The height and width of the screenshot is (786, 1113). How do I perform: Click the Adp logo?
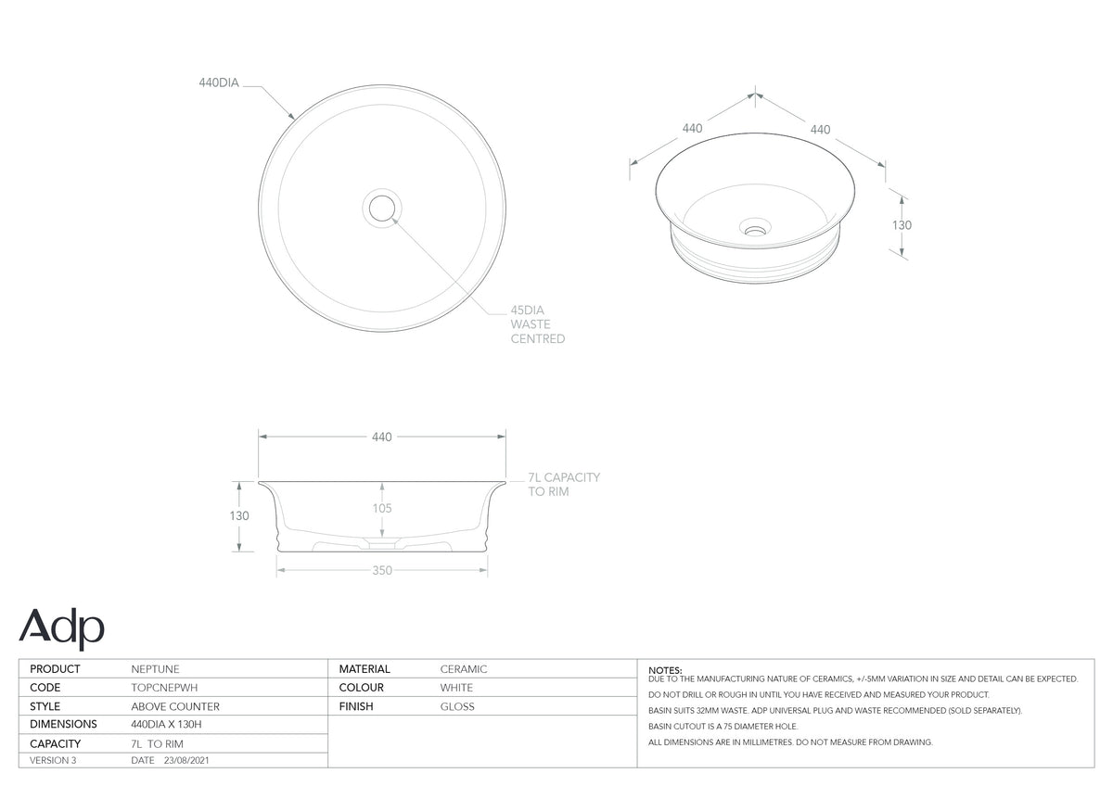point(61,628)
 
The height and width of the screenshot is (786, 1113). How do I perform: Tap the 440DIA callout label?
point(219,82)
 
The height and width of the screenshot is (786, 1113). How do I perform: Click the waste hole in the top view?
point(382,208)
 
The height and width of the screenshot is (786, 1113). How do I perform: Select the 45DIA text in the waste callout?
point(527,311)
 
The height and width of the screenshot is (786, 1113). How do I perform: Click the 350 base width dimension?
point(382,571)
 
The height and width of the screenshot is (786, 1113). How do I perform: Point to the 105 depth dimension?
point(382,508)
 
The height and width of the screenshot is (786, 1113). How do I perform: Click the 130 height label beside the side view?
point(239,516)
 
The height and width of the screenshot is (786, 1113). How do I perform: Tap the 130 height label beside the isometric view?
point(902,225)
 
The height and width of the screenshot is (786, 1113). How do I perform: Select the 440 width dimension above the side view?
point(381,437)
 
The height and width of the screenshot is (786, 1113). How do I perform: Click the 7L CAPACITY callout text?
point(564,477)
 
